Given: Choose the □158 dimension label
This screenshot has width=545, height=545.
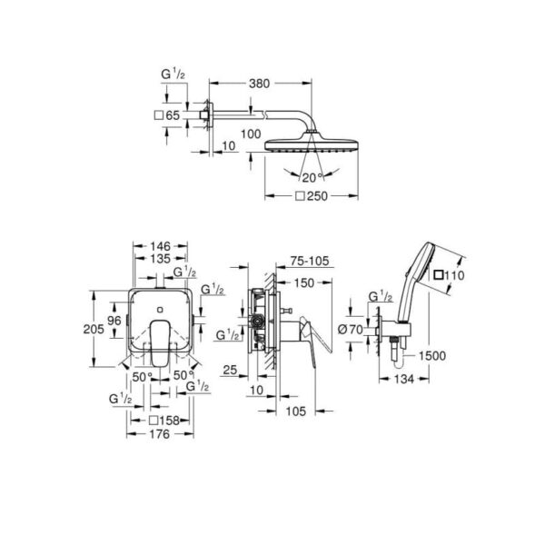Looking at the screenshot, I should coord(163,421).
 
